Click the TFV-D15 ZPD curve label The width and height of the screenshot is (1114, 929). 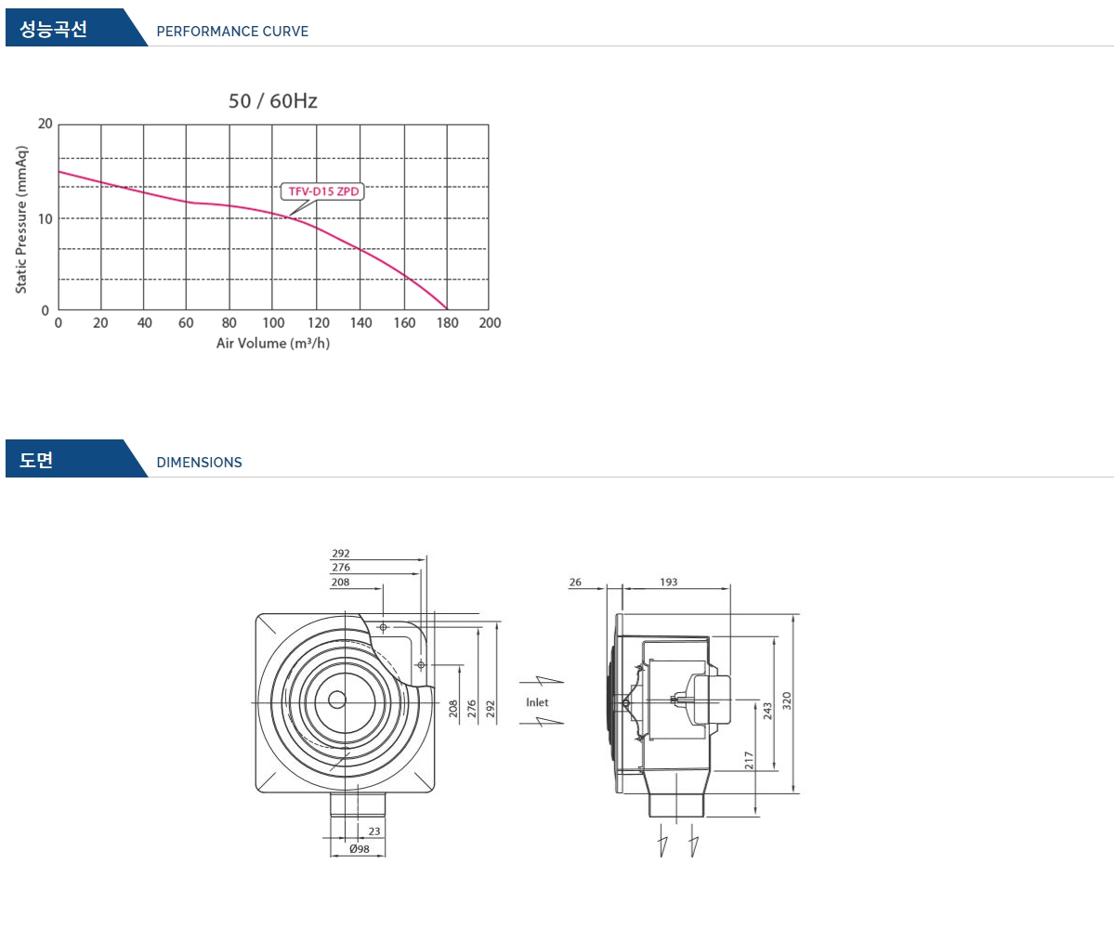323,191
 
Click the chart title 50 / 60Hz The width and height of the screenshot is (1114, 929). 273,101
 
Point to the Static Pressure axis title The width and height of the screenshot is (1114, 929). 21,219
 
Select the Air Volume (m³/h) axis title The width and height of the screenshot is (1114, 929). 273,343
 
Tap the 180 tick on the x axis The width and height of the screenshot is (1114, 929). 447,323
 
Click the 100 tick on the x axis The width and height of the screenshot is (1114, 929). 273,323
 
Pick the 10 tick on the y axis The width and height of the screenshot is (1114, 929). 46,218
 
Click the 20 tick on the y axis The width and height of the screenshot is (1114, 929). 46,124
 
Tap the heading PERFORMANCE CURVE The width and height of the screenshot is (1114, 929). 232,32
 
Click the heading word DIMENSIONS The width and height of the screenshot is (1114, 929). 199,463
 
